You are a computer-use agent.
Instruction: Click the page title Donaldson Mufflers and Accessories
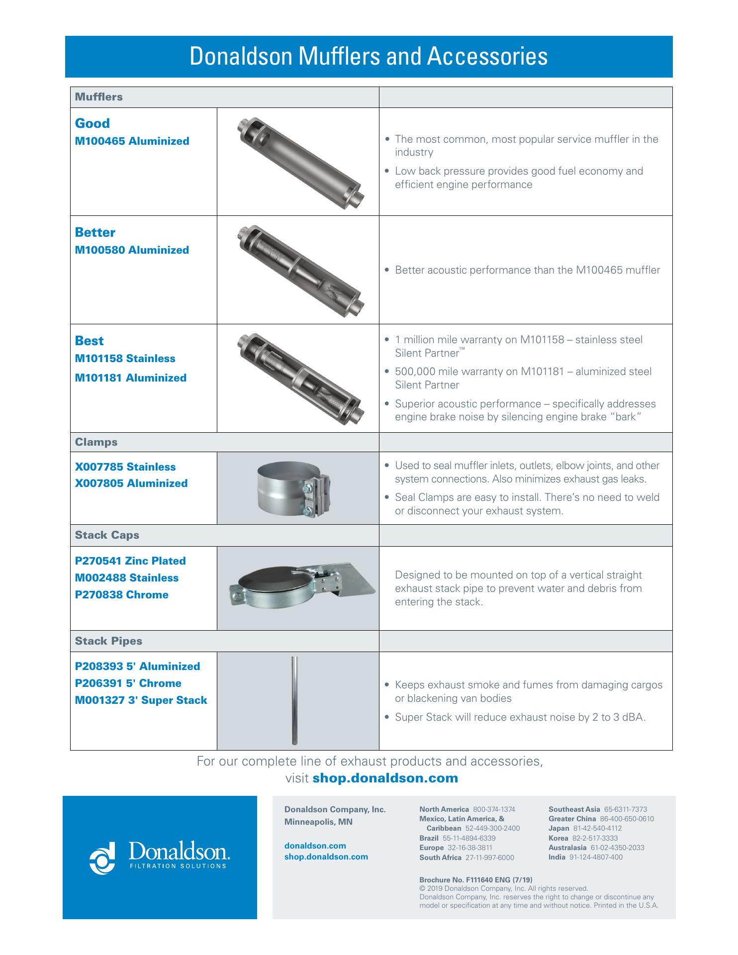[369, 57]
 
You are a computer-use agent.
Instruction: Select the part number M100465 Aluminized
[132, 141]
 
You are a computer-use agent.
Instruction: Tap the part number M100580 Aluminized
[132, 250]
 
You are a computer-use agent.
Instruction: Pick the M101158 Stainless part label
[125, 359]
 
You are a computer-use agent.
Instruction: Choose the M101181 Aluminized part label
[130, 378]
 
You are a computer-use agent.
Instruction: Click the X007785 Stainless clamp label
[125, 467]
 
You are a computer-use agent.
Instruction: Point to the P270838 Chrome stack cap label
[121, 595]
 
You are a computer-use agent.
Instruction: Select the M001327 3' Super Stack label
[141, 700]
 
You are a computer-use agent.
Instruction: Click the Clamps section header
[96, 442]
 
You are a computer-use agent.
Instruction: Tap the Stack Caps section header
[107, 535]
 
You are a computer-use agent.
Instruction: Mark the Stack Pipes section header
[108, 641]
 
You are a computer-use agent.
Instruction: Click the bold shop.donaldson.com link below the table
[385, 778]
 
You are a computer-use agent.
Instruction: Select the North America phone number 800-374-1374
[494, 809]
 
